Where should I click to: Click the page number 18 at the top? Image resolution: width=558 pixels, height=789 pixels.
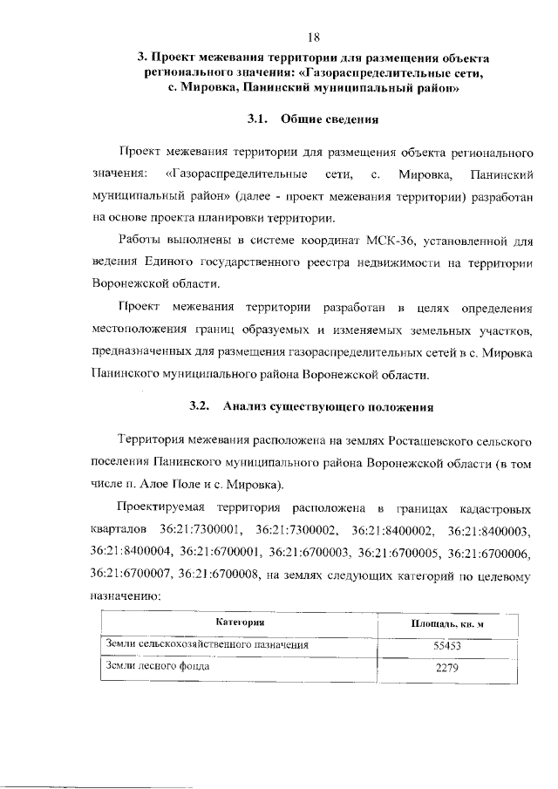coord(315,36)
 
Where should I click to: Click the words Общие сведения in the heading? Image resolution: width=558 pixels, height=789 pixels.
coord(335,117)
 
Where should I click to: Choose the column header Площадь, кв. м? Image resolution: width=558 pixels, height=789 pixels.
coord(446,625)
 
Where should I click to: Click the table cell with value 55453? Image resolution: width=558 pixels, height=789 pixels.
coord(446,647)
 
